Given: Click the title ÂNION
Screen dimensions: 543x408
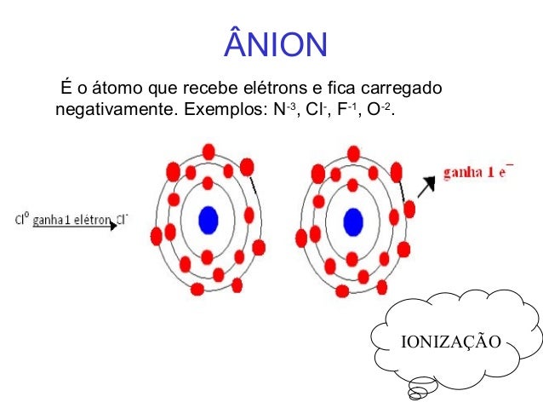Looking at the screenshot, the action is click(275, 43).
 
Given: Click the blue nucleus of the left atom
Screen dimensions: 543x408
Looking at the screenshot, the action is click(208, 221).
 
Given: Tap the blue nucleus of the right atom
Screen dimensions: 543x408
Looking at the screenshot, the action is click(352, 221).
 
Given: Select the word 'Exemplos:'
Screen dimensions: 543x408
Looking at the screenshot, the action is click(220, 111).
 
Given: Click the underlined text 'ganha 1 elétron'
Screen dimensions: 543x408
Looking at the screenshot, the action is click(71, 219).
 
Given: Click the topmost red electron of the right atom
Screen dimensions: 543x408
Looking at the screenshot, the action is click(353, 153).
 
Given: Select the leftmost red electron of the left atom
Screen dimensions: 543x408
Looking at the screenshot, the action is click(156, 235).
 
